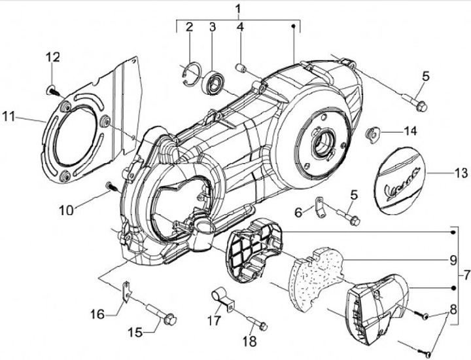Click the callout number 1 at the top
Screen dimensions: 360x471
(x=238, y=9)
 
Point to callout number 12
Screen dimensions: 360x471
(x=53, y=57)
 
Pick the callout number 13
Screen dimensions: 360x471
(x=461, y=173)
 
